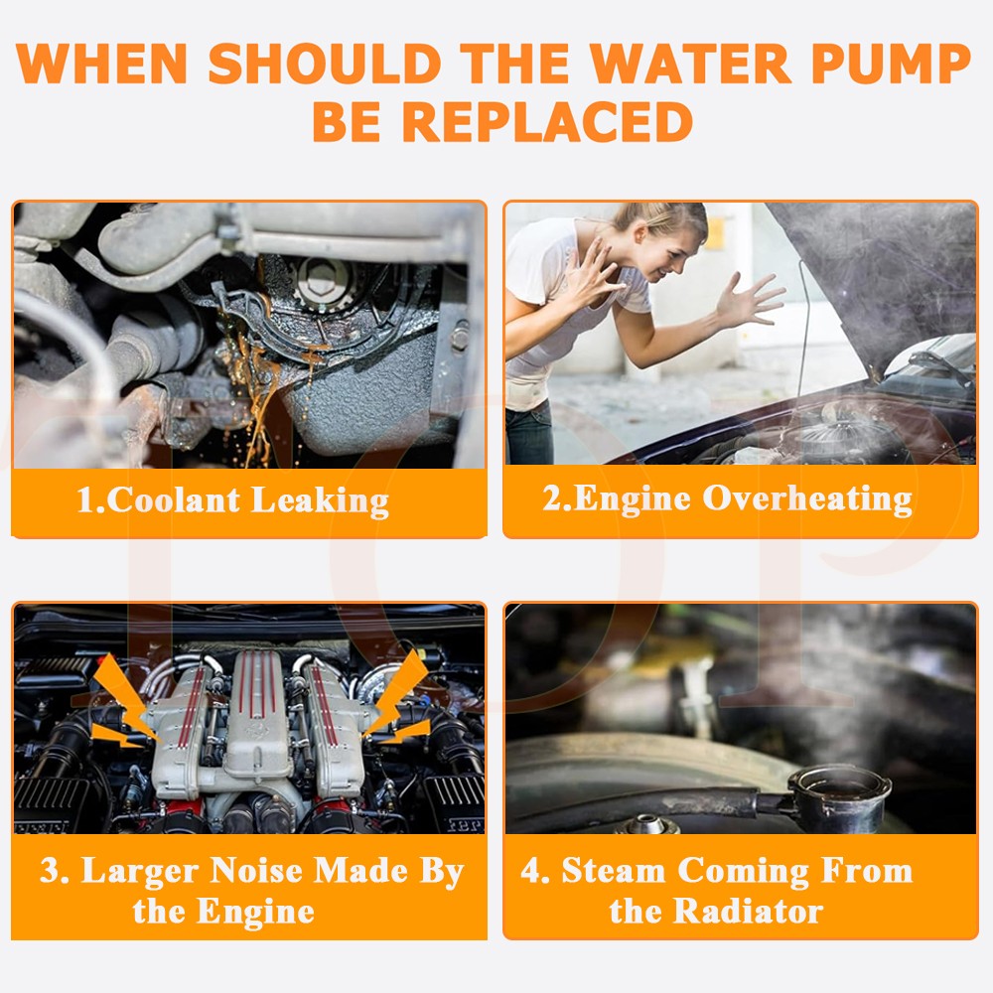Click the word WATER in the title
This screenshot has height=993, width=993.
tap(689, 64)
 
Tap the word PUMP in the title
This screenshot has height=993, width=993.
tap(891, 64)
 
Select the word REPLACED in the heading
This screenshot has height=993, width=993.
tap(547, 121)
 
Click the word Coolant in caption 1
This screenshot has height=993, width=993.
tap(174, 499)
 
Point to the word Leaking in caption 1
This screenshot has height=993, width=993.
tap(320, 500)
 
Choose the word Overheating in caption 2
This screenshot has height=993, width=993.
tap(807, 498)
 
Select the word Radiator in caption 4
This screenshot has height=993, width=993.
tap(748, 912)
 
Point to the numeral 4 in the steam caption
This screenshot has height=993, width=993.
tap(530, 870)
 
